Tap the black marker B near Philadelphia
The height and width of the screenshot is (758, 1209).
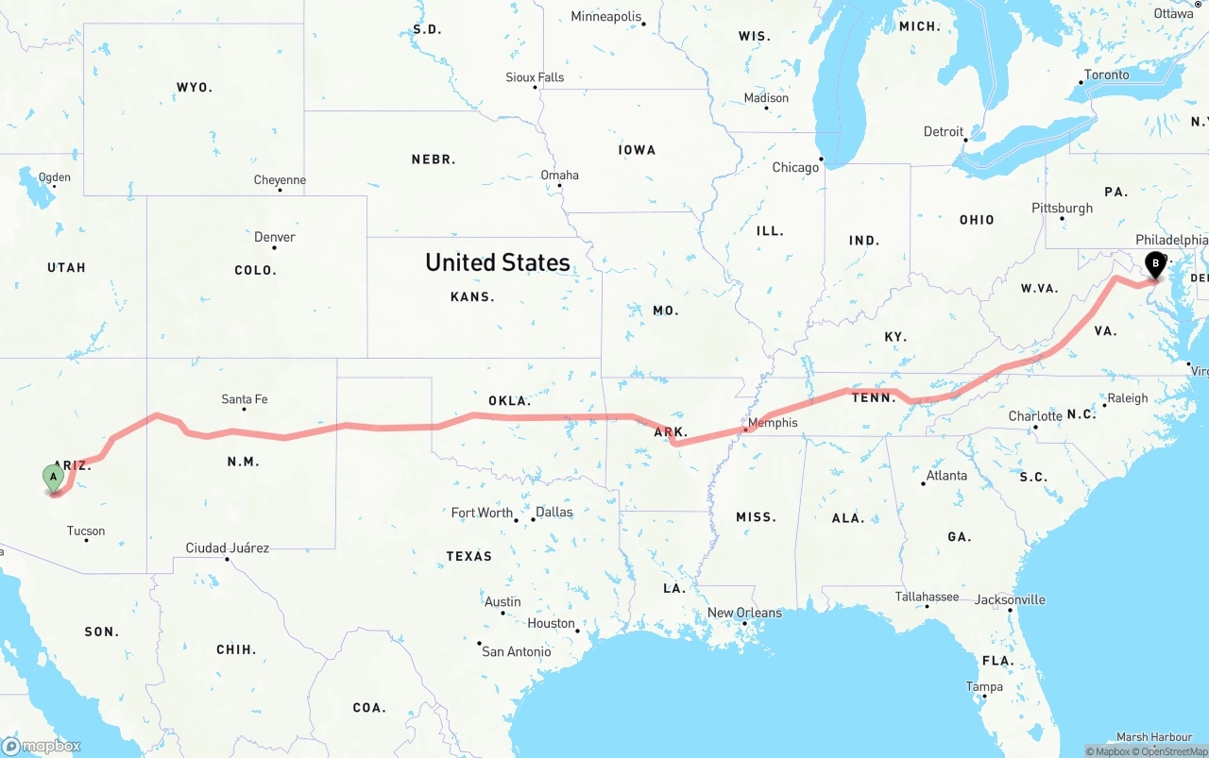tap(1154, 264)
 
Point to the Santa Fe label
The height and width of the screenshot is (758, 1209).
tap(244, 399)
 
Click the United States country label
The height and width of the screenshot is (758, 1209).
tap(498, 262)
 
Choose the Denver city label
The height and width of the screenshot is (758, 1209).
tap(275, 237)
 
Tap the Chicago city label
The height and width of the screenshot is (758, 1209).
tap(795, 167)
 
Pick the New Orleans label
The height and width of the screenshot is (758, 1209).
tap(744, 613)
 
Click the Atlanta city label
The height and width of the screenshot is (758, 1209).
tap(946, 476)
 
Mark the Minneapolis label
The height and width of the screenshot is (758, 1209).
tap(606, 17)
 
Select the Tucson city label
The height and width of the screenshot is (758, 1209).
tap(86, 531)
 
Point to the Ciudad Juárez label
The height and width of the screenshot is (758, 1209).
tap(227, 547)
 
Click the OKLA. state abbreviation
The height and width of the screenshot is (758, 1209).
tap(509, 400)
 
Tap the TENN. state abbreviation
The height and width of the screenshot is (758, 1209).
tap(874, 398)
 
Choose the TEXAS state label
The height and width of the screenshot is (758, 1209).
tap(469, 556)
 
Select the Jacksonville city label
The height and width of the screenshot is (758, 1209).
tap(1010, 599)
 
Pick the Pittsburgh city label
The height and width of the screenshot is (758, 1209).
tap(1062, 208)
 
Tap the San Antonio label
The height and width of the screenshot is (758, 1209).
tap(516, 651)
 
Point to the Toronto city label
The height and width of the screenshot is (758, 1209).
tap(1106, 75)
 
